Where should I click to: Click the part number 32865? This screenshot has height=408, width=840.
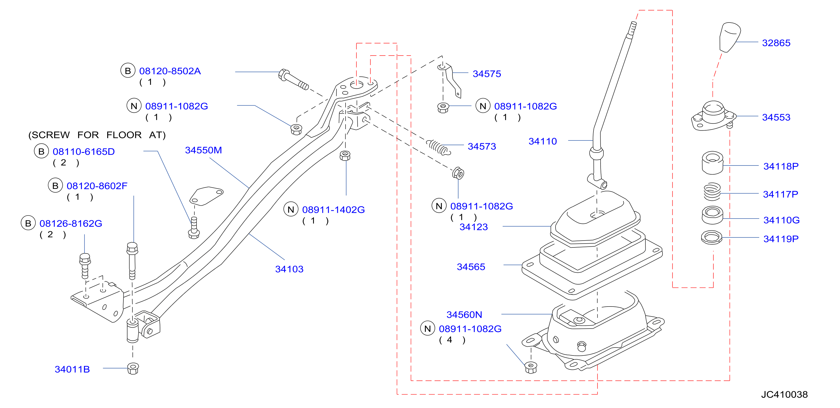pos(776,43)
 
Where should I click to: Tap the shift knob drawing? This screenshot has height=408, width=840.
pos(730,37)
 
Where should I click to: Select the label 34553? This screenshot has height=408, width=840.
pos(776,117)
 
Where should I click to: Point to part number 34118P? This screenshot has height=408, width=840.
pos(781,166)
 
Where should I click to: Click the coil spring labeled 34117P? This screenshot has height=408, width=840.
pos(712,192)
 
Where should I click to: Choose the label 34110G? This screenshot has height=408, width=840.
pos(781,220)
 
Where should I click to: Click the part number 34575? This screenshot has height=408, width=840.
pos(487,74)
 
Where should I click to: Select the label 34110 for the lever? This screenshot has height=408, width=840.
pos(543,142)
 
